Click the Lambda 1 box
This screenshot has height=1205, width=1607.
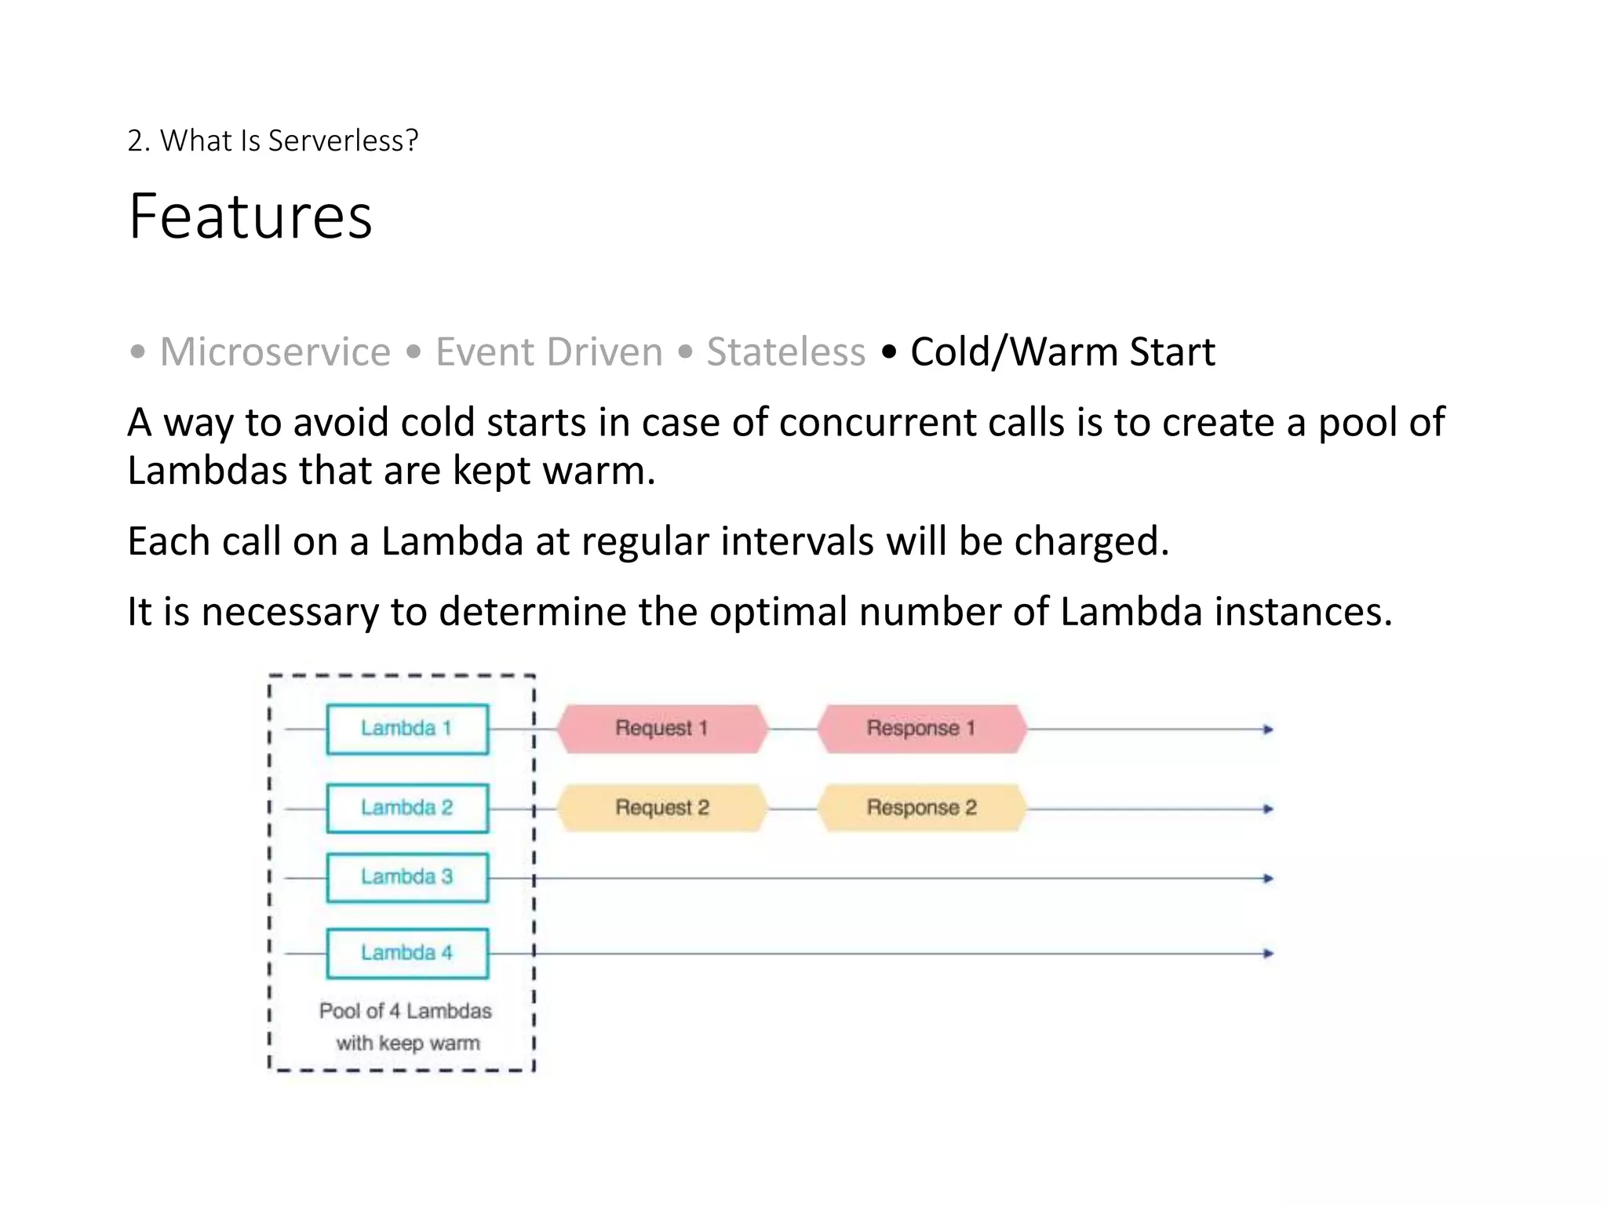pyautogui.click(x=407, y=729)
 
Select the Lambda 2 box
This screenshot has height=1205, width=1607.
pyautogui.click(x=407, y=808)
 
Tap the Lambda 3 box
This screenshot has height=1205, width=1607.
pyautogui.click(x=407, y=877)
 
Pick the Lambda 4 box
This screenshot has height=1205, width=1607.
pyautogui.click(x=407, y=953)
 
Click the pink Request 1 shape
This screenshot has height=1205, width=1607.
pyautogui.click(x=662, y=729)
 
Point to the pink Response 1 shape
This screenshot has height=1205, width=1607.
pyautogui.click(x=921, y=729)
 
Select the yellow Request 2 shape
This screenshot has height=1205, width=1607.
pyautogui.click(x=662, y=808)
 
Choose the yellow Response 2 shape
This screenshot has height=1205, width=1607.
pyautogui.click(x=921, y=808)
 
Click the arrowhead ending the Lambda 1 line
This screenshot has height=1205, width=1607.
pyautogui.click(x=1267, y=730)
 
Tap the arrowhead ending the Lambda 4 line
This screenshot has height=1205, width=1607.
pyautogui.click(x=1267, y=954)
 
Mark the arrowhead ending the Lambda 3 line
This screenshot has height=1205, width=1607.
pyautogui.click(x=1267, y=879)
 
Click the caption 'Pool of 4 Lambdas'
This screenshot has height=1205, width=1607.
pyautogui.click(x=406, y=1011)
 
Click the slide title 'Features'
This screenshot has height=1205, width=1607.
pyautogui.click(x=250, y=217)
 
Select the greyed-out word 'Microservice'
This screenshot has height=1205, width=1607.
pyautogui.click(x=275, y=351)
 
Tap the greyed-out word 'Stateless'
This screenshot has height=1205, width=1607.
pyautogui.click(x=785, y=351)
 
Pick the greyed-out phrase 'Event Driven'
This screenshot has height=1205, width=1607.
pyautogui.click(x=549, y=351)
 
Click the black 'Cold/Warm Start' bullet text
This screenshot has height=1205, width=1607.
pyautogui.click(x=1062, y=351)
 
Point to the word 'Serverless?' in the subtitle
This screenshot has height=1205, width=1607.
pyautogui.click(x=343, y=141)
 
